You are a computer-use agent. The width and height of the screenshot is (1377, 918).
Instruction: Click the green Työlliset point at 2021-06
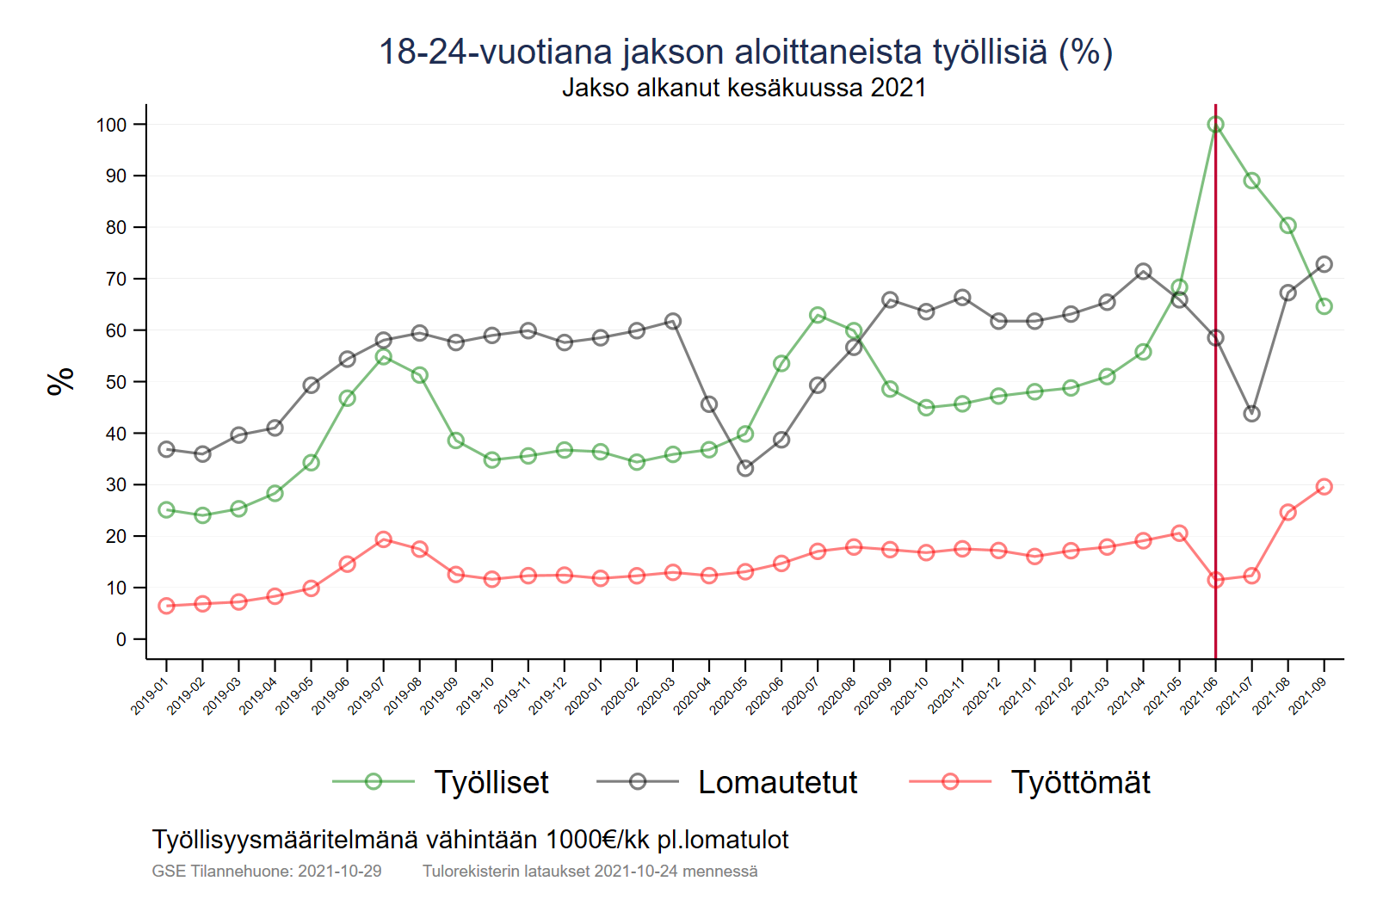pyautogui.click(x=1215, y=125)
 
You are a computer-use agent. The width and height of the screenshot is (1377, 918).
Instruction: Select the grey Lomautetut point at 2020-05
pyautogui.click(x=745, y=468)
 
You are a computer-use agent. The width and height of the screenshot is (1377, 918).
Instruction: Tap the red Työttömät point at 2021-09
pyautogui.click(x=1324, y=487)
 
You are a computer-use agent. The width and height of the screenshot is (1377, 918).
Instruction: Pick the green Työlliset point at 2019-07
pyautogui.click(x=384, y=357)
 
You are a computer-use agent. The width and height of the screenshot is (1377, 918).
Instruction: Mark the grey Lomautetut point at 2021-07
pyautogui.click(x=1251, y=414)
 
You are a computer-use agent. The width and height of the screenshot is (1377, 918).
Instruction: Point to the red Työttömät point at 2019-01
pyautogui.click(x=167, y=606)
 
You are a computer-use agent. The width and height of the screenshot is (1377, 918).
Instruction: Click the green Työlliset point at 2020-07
pyautogui.click(x=818, y=316)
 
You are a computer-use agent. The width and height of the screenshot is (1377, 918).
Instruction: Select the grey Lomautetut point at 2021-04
pyautogui.click(x=1143, y=272)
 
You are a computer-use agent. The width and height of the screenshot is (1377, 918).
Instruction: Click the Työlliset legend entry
pyautogui.click(x=491, y=782)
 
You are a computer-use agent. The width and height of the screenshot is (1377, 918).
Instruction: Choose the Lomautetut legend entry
pyautogui.click(x=777, y=782)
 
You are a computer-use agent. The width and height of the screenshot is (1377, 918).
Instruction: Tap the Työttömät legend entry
pyautogui.click(x=1080, y=782)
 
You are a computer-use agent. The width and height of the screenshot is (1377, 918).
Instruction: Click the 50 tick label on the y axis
pyautogui.click(x=116, y=382)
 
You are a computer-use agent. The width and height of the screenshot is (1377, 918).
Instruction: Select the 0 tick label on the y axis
pyautogui.click(x=121, y=639)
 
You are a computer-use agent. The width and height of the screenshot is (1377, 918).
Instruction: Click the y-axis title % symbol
pyautogui.click(x=60, y=381)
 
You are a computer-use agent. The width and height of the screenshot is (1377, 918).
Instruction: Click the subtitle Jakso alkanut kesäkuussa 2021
pyautogui.click(x=744, y=88)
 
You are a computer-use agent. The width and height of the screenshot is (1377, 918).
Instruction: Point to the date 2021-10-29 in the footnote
pyautogui.click(x=339, y=871)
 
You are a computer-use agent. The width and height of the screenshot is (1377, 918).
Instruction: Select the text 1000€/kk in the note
pyautogui.click(x=597, y=840)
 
